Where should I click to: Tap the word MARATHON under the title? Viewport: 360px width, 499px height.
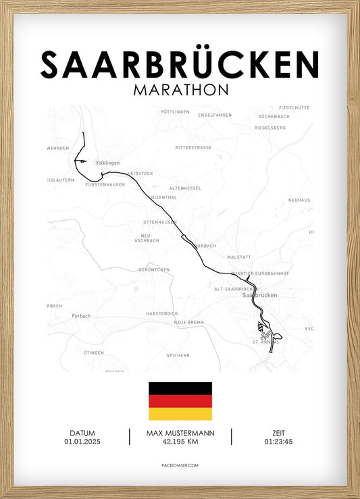tap(180, 90)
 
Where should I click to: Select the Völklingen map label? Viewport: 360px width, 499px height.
tap(107, 163)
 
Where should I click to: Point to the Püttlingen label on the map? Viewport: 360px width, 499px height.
tap(176, 111)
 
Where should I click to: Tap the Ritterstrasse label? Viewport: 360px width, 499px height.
tap(193, 147)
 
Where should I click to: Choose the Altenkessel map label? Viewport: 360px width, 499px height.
tap(185, 188)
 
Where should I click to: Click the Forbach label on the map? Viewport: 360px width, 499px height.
tap(81, 315)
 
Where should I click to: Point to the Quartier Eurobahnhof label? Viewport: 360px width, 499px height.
tap(260, 273)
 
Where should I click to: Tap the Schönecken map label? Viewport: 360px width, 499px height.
tap(153, 269)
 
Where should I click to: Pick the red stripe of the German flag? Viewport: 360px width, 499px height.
tap(180, 401)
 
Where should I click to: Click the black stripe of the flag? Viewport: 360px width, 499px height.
tap(180, 388)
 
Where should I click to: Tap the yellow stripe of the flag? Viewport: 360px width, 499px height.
tap(180, 414)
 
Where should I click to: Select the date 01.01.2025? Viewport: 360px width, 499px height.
tap(82, 442)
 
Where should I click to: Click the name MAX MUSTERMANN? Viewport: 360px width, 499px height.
tap(180, 433)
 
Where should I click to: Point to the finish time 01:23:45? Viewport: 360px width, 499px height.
tap(278, 442)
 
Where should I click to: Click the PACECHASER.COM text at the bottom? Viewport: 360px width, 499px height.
tap(180, 466)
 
